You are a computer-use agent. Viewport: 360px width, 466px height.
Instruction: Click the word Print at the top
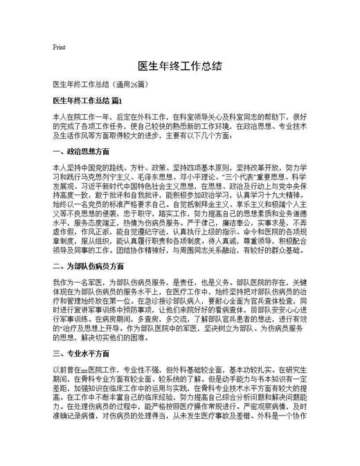[59, 47]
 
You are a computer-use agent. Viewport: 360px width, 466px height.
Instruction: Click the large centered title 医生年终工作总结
[179, 66]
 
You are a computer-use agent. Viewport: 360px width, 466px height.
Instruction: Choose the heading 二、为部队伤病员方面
[87, 265]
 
